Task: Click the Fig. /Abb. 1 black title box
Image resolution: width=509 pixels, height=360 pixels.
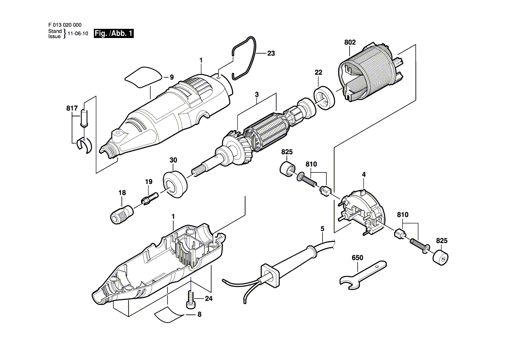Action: pos(113,33)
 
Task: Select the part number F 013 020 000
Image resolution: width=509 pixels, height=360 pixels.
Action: pos(65,25)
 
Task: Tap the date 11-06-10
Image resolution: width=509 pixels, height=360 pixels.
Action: pos(78,34)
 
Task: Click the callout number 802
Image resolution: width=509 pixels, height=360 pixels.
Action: pos(350,42)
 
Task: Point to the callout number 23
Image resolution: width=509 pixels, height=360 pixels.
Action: pos(271,53)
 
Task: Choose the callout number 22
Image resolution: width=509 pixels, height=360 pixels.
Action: pos(318,73)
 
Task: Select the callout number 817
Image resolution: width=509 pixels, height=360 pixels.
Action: pos(72,108)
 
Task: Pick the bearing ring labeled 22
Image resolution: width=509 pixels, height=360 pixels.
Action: pos(324,97)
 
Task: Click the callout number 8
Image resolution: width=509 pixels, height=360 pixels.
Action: pos(199,315)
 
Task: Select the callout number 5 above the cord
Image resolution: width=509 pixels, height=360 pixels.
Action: pos(322,229)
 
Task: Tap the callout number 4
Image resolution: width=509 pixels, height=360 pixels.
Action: pos(364,175)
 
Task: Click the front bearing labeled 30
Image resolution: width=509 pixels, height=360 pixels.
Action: pos(175,184)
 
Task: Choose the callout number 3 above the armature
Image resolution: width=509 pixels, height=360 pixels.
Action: pos(257,94)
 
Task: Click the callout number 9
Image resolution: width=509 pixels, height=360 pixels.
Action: pos(172,77)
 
